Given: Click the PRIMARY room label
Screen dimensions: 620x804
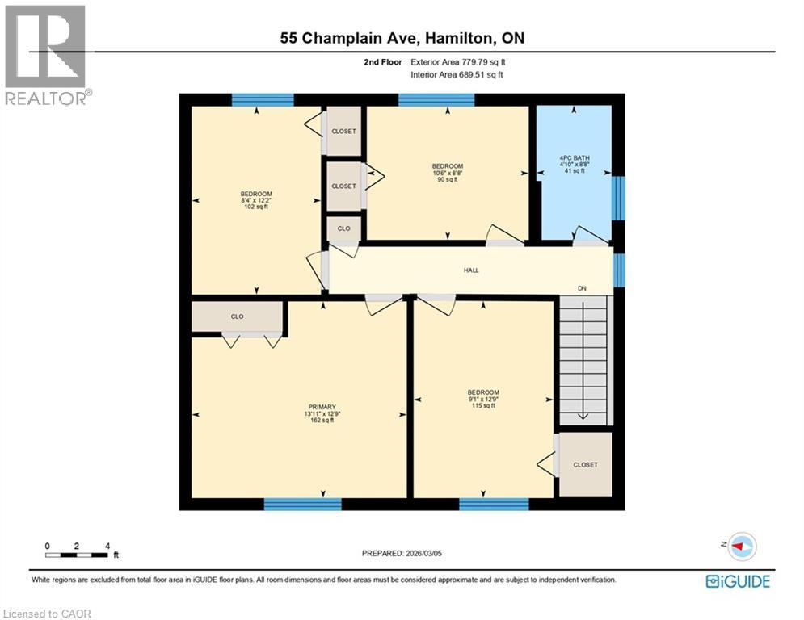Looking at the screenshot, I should point(321,407).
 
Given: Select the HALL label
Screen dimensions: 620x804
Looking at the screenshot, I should point(471,270).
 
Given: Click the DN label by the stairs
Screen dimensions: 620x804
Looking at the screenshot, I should point(581,288).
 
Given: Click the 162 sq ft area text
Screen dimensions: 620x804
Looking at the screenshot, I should point(321,421).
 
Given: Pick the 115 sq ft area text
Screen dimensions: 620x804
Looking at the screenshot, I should point(483,406).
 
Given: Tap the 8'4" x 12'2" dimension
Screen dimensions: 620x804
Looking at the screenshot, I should point(256,200).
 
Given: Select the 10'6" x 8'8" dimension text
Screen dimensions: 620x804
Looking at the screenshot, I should point(447,173).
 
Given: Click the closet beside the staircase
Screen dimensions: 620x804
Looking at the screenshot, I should point(585,465).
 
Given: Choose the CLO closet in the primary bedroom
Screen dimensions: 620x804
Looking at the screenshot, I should point(238,316).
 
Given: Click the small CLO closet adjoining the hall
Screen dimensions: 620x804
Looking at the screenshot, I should point(343,228).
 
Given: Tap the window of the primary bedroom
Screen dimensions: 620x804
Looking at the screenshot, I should point(302,505).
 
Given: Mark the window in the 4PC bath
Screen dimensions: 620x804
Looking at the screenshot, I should point(618,199).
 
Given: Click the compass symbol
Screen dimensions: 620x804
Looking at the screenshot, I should point(741,547).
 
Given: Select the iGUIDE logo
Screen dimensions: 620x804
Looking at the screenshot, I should point(737,581).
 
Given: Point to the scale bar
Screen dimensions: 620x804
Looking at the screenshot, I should point(77,555).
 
